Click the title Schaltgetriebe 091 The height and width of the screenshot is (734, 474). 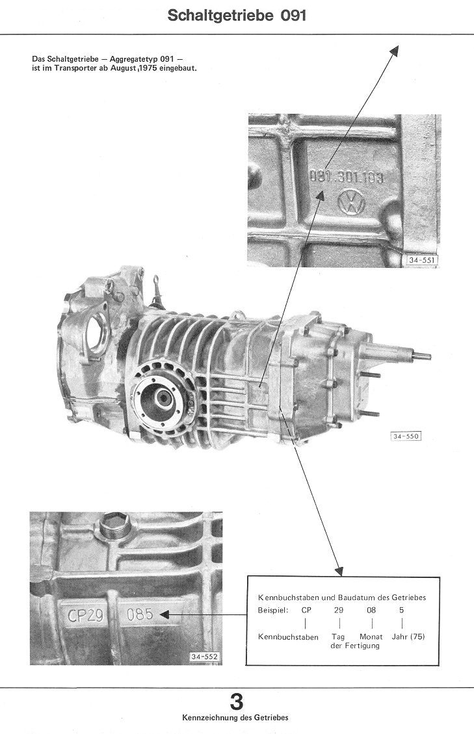[237, 16]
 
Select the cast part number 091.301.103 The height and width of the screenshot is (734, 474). [347, 176]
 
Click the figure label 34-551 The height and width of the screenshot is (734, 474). [421, 260]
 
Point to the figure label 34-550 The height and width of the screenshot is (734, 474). [406, 436]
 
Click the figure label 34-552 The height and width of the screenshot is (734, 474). [204, 657]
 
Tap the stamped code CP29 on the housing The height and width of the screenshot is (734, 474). [85, 614]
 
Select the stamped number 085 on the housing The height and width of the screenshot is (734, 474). [140, 614]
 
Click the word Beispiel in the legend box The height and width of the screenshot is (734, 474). [272, 610]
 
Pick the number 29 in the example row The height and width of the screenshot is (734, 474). [339, 610]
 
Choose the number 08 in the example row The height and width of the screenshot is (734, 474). [371, 610]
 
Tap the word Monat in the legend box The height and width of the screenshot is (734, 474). [371, 636]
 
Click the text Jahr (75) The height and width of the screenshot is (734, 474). [408, 636]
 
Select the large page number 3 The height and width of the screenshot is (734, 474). [237, 702]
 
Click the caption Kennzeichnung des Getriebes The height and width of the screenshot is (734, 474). [235, 718]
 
